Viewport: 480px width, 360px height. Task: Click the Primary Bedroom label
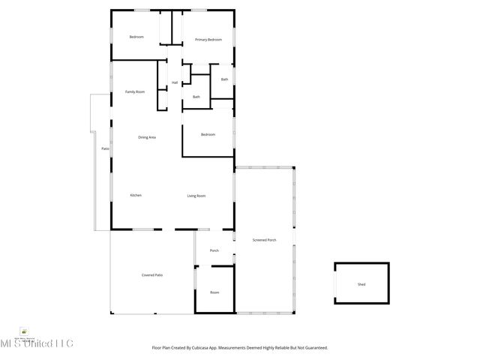[x=208, y=39]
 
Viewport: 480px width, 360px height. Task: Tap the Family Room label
[x=135, y=91]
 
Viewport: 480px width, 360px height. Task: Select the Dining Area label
[x=146, y=137]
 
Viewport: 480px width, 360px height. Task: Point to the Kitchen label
[x=136, y=196]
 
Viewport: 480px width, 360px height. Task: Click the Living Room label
[x=196, y=196]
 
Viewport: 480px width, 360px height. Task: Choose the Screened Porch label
[x=264, y=240]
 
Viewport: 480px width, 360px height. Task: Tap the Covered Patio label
[x=152, y=275]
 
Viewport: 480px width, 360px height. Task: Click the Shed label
[x=361, y=284]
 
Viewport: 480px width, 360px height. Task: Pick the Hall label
[x=175, y=82]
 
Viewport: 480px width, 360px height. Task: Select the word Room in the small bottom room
[x=214, y=292]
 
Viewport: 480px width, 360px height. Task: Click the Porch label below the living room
[x=214, y=250]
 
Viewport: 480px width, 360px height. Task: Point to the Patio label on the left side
[x=106, y=148]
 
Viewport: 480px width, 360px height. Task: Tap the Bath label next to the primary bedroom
[x=224, y=79]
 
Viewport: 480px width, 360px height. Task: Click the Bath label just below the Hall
[x=196, y=97]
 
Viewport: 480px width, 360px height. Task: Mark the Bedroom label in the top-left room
[x=136, y=37]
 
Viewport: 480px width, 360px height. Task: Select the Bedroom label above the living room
[x=208, y=134]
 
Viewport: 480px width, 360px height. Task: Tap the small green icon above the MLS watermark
[x=25, y=331]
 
